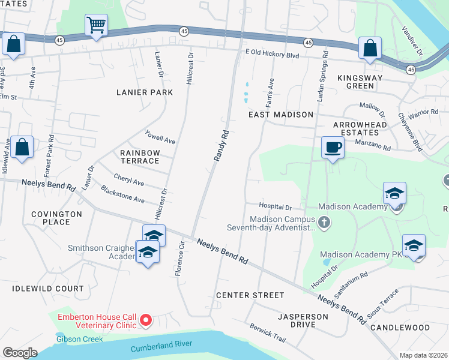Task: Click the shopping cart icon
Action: click(96, 25)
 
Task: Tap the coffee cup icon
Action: click(333, 147)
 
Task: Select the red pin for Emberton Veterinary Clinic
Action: click(145, 322)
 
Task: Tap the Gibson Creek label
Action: click(79, 339)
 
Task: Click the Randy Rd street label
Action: click(221, 146)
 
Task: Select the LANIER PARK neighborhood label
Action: click(145, 92)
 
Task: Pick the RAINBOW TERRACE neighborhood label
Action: click(140, 157)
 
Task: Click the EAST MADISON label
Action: click(282, 114)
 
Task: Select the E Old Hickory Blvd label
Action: click(272, 54)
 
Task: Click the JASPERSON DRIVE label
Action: click(303, 320)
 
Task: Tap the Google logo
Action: click(20, 352)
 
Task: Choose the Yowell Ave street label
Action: click(160, 137)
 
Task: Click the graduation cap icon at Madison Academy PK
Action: click(414, 246)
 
